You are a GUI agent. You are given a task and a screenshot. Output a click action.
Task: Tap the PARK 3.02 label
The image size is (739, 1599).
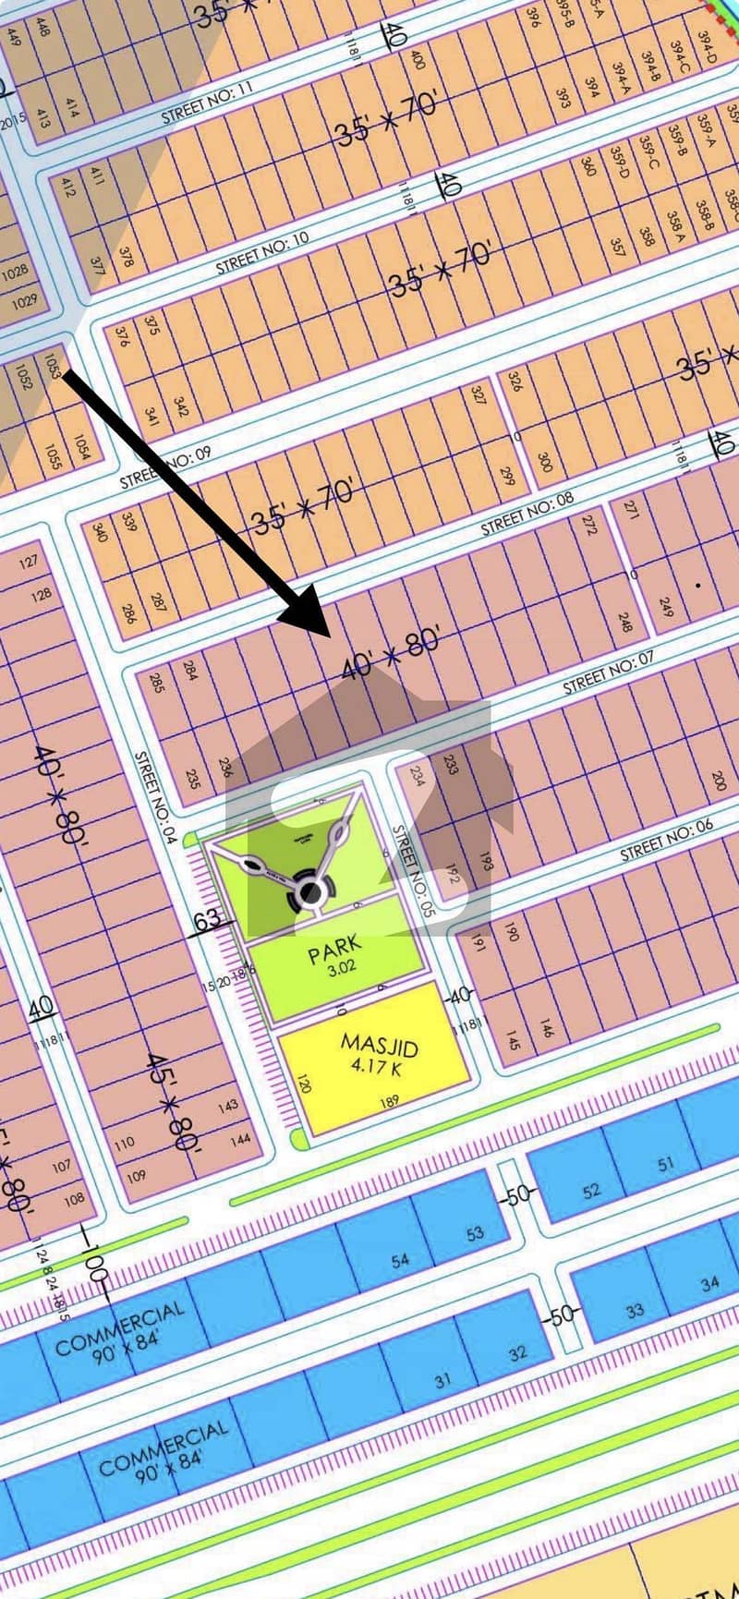(x=336, y=954)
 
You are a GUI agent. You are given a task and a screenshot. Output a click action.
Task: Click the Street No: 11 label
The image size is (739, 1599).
(x=206, y=103)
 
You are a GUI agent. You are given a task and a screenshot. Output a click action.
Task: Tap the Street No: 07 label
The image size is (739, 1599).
(x=609, y=672)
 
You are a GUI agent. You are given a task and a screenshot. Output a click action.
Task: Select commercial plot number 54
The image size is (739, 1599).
(x=400, y=1260)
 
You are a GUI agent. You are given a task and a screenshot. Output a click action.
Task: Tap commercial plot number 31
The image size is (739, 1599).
(x=443, y=1380)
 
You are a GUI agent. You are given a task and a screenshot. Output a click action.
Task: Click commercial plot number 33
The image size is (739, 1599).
(x=634, y=1311)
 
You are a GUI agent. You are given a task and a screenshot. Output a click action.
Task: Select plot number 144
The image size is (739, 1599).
(x=240, y=1139)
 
